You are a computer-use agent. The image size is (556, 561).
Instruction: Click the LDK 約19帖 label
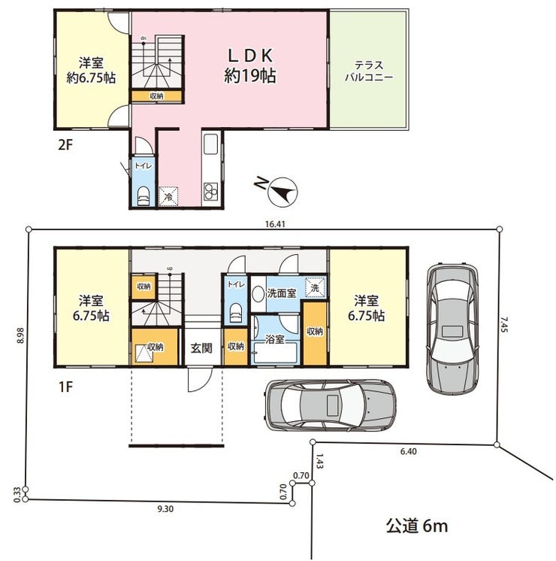click(250, 66)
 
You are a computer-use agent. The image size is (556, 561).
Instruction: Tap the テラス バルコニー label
click(369, 71)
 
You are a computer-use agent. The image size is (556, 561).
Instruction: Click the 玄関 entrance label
click(201, 347)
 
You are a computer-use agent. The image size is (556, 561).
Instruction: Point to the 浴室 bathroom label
click(274, 339)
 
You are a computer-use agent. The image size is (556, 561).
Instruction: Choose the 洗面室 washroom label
click(282, 293)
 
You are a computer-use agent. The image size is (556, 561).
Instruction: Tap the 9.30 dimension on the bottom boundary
click(165, 509)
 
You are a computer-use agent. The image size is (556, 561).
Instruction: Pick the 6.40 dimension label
click(408, 451)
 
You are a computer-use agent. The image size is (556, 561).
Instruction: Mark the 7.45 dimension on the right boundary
click(503, 325)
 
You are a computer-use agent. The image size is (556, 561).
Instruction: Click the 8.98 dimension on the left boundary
click(20, 335)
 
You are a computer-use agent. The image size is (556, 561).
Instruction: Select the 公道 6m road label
click(416, 526)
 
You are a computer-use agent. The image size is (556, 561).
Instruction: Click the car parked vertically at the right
click(452, 329)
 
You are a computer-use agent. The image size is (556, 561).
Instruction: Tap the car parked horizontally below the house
click(330, 405)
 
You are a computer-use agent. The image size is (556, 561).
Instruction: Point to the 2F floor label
click(65, 145)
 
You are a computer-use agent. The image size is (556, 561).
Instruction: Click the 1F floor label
click(65, 387)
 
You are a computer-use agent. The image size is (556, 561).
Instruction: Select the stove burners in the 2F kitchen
click(210, 191)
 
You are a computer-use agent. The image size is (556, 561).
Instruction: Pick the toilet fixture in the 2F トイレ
click(144, 196)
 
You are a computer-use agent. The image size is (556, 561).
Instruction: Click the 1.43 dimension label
click(319, 461)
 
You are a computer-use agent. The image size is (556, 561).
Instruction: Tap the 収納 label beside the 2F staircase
click(156, 96)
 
